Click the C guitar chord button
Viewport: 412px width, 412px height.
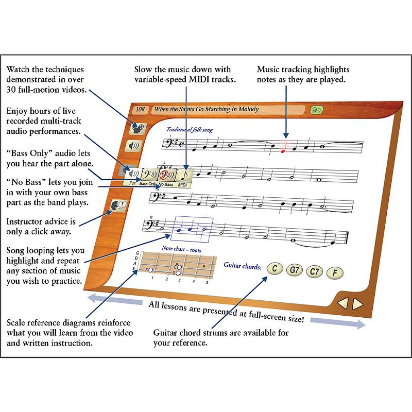pos(275,268)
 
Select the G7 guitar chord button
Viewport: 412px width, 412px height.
pos(295,270)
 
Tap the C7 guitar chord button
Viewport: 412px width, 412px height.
pos(314,271)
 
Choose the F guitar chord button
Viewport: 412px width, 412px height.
pos(334,273)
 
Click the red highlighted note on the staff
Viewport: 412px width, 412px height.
pos(283,150)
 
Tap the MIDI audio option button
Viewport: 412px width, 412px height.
pos(183,176)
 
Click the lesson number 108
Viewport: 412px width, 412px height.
pos(140,109)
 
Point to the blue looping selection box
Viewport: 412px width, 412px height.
pos(193,229)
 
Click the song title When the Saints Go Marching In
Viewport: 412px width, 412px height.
pos(206,110)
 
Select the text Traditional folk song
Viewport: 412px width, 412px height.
pos(189,130)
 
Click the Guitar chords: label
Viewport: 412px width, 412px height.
pos(243,266)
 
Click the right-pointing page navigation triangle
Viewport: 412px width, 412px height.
pos(357,304)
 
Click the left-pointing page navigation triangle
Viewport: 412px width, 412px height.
pos(343,303)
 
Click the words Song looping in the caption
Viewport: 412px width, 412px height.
pos(30,250)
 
